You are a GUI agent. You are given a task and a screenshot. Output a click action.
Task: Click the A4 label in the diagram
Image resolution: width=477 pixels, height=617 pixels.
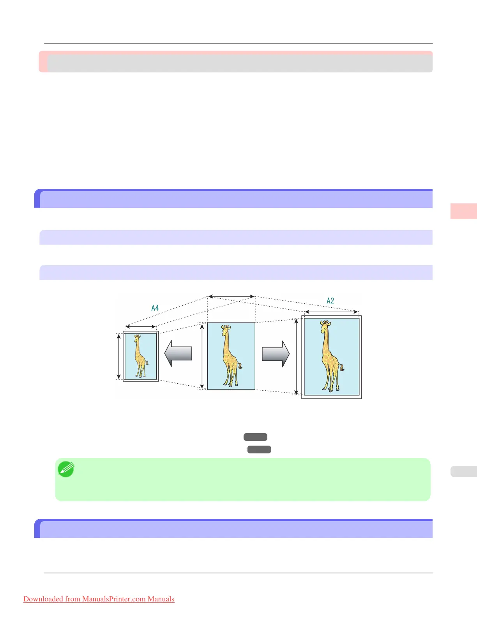[155, 308]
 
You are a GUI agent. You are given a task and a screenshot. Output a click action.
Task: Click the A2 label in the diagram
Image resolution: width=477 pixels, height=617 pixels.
[330, 301]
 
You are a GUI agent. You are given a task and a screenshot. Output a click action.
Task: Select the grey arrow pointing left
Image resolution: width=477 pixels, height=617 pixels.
[178, 354]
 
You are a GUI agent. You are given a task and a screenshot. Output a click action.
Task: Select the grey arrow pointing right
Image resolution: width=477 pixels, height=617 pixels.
[276, 354]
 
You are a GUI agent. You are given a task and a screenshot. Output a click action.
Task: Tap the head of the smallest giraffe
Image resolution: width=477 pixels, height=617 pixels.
[137, 336]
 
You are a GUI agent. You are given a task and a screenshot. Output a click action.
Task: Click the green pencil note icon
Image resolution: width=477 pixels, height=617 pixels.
[66, 469]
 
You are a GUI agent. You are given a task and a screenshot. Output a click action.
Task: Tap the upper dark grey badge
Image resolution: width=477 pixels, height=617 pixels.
[255, 437]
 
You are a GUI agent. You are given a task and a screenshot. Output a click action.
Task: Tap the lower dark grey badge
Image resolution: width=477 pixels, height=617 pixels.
[259, 450]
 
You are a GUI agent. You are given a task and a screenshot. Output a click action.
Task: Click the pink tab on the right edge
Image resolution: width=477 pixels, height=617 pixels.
[463, 211]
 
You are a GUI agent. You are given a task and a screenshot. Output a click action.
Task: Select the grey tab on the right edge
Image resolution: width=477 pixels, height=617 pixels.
[463, 471]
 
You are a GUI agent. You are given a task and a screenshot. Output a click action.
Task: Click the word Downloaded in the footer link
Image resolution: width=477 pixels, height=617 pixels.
[43, 599]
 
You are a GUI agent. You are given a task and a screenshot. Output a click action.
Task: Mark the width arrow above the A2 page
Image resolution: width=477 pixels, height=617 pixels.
[331, 312]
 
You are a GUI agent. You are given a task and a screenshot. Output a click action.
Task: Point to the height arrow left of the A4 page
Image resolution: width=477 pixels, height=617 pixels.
[119, 356]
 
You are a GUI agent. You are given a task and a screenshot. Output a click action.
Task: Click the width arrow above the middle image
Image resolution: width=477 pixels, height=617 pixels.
[231, 297]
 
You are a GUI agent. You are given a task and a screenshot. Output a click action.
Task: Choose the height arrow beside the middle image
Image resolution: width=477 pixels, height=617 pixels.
[202, 356]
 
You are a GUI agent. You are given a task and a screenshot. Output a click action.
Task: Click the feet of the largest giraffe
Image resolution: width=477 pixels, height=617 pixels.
[331, 389]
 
